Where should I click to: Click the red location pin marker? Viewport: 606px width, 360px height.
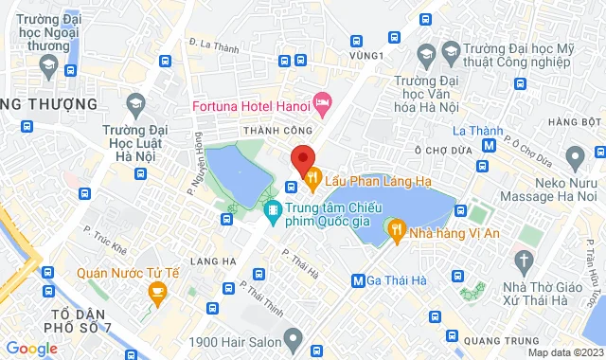coord(301,159)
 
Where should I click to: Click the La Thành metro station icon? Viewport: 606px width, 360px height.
coord(489,146)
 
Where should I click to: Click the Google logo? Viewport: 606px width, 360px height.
coord(31,349)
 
